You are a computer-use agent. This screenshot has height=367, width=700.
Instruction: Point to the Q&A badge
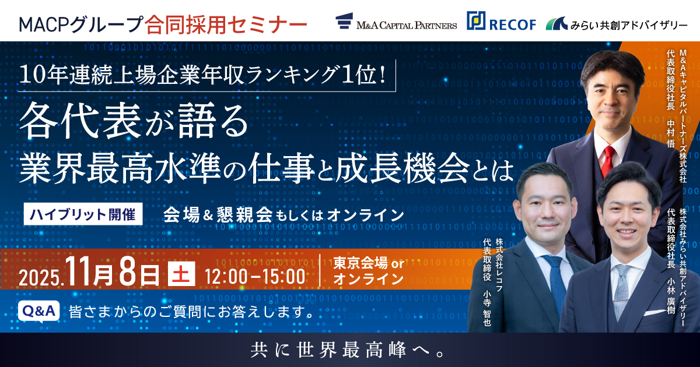39,311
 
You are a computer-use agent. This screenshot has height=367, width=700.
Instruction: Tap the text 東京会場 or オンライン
368,271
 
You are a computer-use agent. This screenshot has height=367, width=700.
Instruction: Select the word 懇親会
245,214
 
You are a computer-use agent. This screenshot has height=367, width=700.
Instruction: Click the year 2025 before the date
41,277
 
